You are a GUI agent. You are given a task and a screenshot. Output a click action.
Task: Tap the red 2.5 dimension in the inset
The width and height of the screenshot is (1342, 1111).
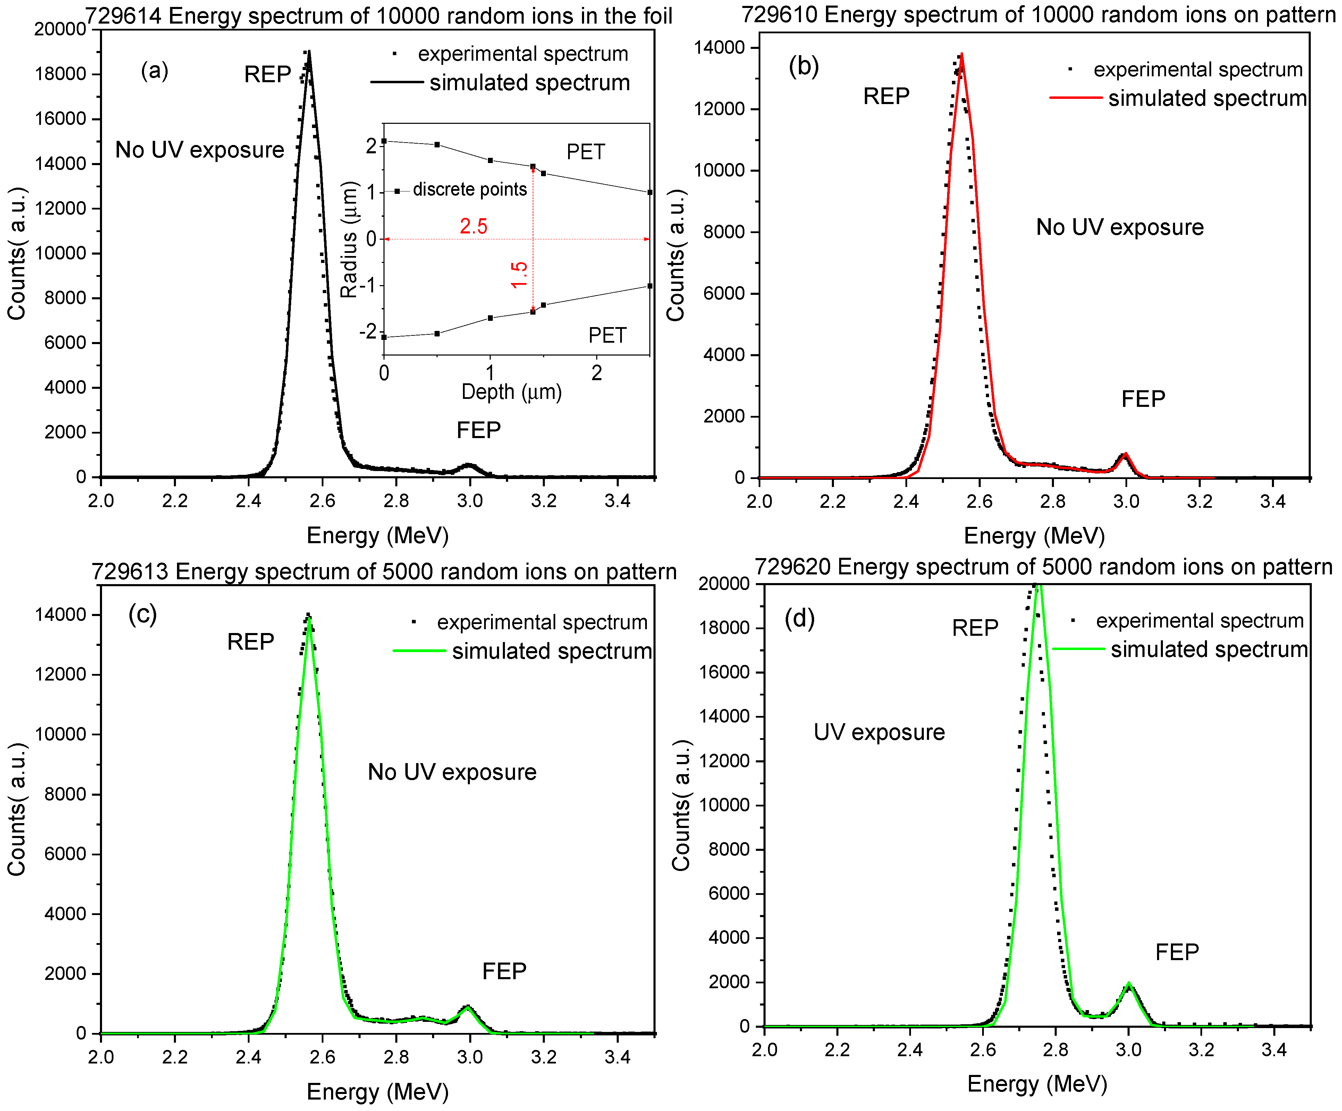pyautogui.click(x=473, y=226)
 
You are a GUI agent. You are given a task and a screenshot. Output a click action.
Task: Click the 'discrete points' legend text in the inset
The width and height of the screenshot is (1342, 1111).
pyautogui.click(x=470, y=190)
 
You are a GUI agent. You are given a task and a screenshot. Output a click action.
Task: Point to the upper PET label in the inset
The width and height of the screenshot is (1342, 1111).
pyautogui.click(x=585, y=152)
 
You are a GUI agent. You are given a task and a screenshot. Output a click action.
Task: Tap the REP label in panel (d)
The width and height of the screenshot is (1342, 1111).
pyautogui.click(x=974, y=628)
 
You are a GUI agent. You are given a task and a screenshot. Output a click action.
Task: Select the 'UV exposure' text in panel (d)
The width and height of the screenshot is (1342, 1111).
pyautogui.click(x=879, y=732)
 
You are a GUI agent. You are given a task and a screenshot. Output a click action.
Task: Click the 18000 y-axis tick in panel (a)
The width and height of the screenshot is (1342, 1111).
pyautogui.click(x=61, y=74)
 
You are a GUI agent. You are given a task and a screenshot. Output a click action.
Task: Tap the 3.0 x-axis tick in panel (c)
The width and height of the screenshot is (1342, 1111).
pyautogui.click(x=470, y=1057)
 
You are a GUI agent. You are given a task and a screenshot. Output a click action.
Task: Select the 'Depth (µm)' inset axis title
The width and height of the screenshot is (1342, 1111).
pyautogui.click(x=511, y=392)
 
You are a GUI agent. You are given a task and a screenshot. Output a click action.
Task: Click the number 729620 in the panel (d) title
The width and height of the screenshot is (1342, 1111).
pyautogui.click(x=792, y=567)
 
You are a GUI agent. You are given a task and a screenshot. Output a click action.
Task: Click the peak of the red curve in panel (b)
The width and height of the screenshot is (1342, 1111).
pyautogui.click(x=962, y=55)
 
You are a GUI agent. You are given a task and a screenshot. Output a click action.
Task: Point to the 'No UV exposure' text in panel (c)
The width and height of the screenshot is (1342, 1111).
pyautogui.click(x=452, y=772)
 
